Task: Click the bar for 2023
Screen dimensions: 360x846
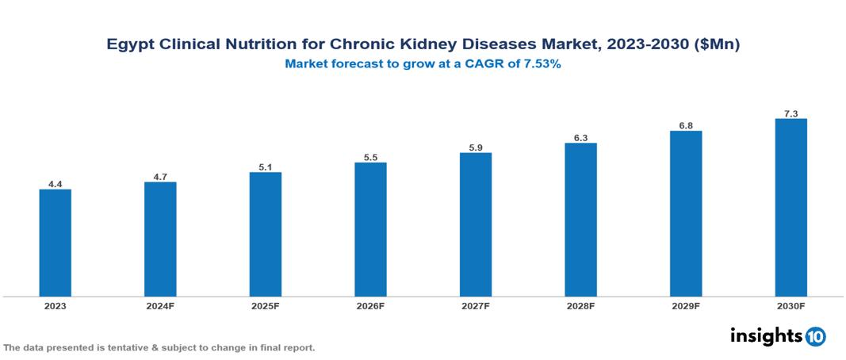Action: click(56, 243)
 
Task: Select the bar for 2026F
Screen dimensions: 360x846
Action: click(370, 229)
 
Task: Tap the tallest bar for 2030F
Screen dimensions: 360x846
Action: click(790, 207)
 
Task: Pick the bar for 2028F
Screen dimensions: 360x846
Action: click(580, 220)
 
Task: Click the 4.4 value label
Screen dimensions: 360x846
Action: click(56, 184)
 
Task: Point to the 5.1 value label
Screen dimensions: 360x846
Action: click(265, 167)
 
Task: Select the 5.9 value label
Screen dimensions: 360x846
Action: click(476, 147)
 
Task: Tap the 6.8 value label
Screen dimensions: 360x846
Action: click(686, 125)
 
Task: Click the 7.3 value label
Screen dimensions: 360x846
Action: click(790, 113)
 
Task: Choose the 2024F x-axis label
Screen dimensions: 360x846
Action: click(160, 305)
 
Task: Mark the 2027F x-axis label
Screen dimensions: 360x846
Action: click(476, 305)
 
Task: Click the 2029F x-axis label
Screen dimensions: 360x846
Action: click(686, 305)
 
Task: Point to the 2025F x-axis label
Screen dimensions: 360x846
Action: click(265, 305)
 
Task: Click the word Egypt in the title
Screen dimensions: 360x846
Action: click(132, 45)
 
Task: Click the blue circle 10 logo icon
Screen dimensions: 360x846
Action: click(815, 336)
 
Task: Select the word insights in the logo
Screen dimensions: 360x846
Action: click(766, 335)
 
